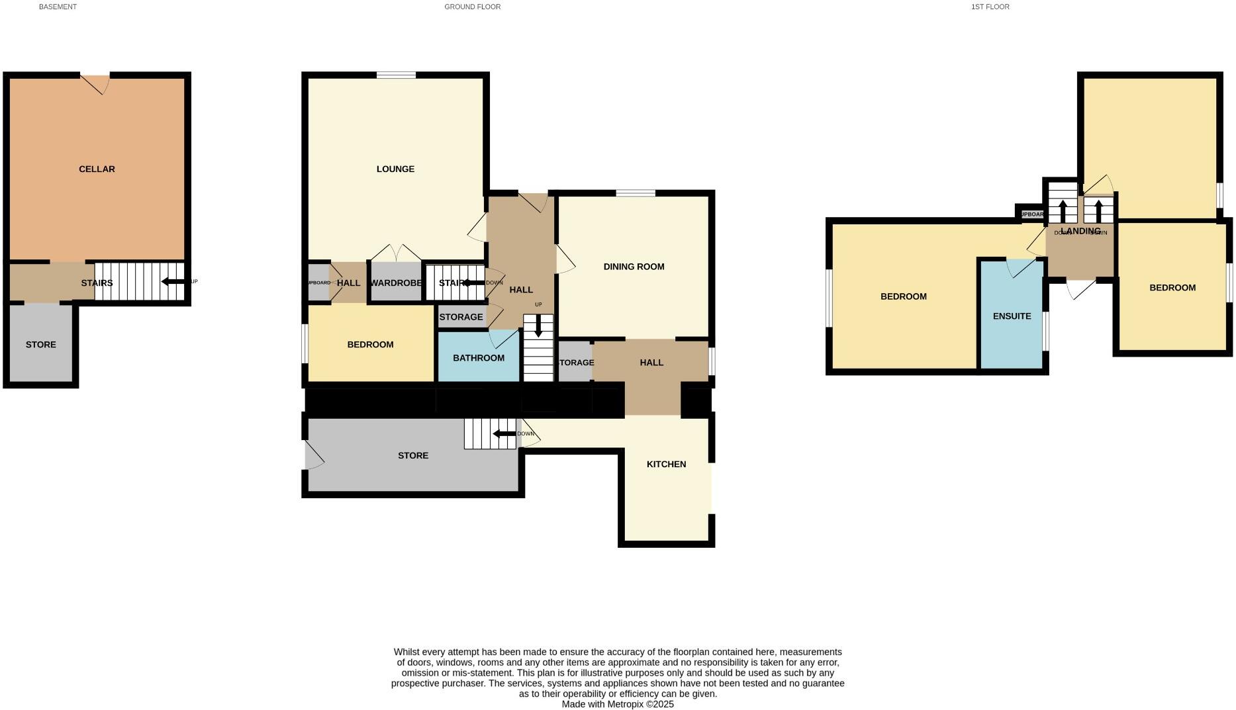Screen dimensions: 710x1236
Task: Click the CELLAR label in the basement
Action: pos(97,169)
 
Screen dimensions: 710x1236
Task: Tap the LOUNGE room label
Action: pos(395,169)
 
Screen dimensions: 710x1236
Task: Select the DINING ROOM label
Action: pos(634,267)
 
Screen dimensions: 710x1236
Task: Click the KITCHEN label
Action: pos(666,465)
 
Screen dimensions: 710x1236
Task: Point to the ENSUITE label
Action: pos(1012,316)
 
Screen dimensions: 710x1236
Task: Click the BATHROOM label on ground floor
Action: pos(478,358)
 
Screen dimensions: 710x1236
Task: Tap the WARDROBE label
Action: pos(396,283)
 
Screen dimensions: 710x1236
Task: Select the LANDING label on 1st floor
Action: pos(1080,231)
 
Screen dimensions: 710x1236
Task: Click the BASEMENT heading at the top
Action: pos(58,7)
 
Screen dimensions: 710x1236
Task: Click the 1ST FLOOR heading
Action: pos(990,7)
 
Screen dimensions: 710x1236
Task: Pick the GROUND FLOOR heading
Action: pos(472,7)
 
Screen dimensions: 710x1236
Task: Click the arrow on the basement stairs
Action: pos(173,282)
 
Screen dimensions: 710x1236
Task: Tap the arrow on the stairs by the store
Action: pos(504,434)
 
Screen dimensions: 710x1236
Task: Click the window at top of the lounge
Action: pos(396,75)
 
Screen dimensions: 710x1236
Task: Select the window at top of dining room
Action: pos(636,193)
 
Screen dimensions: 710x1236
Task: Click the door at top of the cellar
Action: pos(97,82)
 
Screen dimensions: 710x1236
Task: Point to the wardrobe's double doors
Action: pos(396,253)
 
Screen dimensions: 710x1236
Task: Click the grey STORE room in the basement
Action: pos(41,344)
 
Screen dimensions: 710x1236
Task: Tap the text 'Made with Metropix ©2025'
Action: pos(618,705)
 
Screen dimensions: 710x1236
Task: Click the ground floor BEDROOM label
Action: pos(370,345)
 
